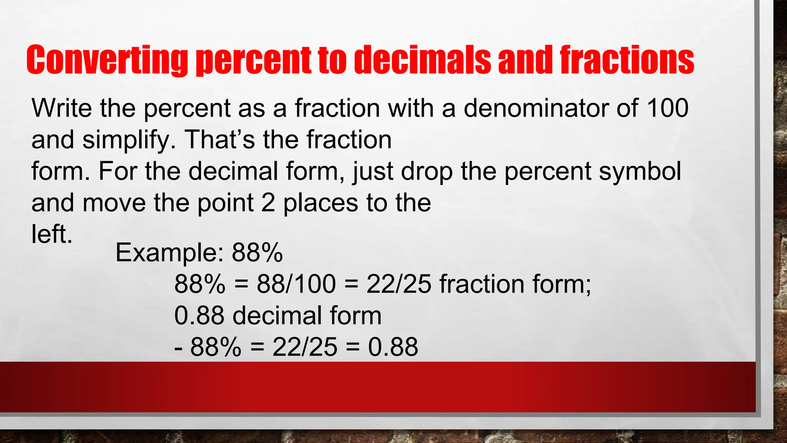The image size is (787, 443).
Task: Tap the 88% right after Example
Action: [x=257, y=253]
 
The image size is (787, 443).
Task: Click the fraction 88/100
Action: [x=296, y=284]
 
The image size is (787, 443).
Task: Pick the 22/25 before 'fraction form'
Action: [x=399, y=284]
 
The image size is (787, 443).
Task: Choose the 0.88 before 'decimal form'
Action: [x=199, y=316]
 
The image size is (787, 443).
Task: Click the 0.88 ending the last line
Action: [x=393, y=347]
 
